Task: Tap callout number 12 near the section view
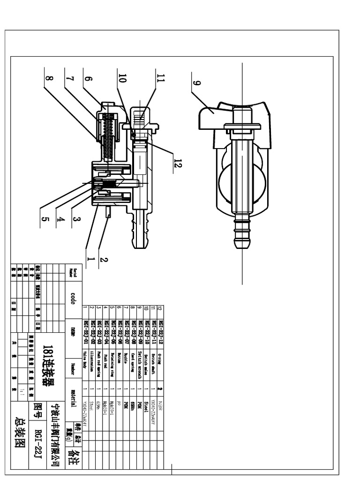pyautogui.click(x=177, y=164)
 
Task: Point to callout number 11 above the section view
pyautogui.click(x=161, y=80)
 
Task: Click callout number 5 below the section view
pyautogui.click(x=45, y=218)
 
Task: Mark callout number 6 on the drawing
pyautogui.click(x=86, y=79)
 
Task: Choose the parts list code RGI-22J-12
pyautogui.click(x=160, y=324)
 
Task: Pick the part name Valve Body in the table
pyautogui.click(x=85, y=360)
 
